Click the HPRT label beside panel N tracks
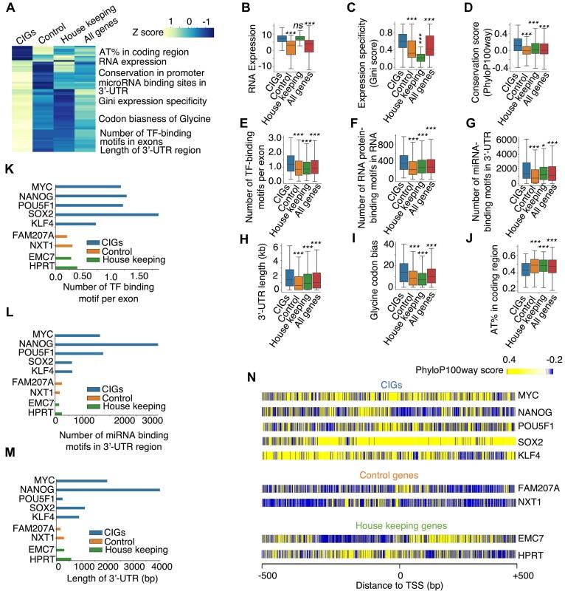[530, 559]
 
